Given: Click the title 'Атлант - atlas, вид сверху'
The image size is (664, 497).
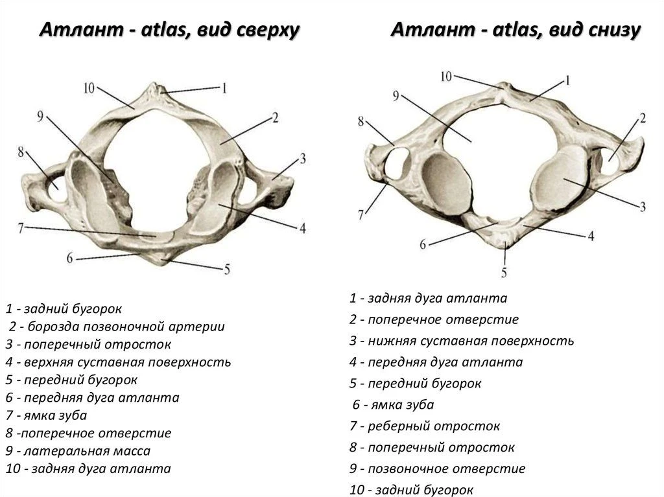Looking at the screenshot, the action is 169,30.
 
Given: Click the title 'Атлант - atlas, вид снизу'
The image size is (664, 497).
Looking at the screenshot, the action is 516,30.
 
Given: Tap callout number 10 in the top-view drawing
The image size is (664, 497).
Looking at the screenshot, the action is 89,89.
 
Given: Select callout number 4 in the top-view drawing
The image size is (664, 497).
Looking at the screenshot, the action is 302,229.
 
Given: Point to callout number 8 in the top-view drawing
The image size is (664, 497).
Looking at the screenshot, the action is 21,152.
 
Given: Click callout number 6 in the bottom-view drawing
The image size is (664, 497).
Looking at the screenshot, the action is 423,244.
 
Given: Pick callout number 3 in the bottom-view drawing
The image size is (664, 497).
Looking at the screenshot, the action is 643,206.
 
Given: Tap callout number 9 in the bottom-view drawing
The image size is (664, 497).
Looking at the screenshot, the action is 396,96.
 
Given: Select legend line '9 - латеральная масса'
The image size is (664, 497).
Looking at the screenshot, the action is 78,451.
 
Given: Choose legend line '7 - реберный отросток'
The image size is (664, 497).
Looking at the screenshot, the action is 425,426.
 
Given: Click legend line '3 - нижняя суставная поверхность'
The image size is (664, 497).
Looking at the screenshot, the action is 462,341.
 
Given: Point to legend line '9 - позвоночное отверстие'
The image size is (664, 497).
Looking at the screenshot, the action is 438,468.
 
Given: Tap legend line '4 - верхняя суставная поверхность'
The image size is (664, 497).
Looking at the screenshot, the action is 118,362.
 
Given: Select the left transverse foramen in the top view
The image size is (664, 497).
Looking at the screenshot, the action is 56,189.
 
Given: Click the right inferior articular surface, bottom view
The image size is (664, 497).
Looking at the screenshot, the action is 560,178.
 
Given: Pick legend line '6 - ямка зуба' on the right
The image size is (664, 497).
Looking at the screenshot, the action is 393,405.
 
